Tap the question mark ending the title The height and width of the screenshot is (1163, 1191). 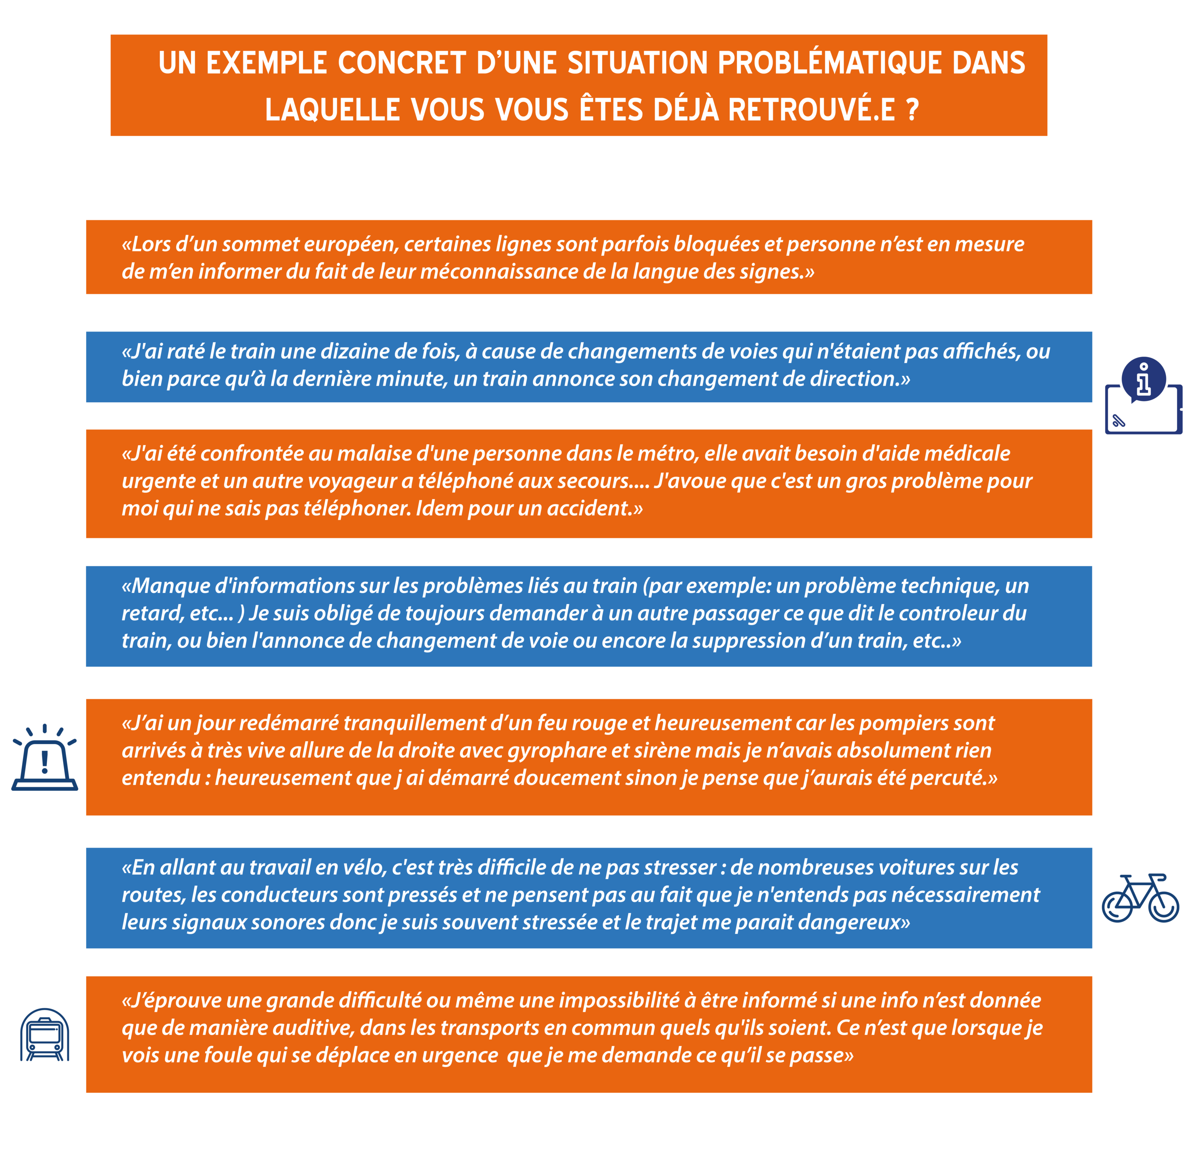912,110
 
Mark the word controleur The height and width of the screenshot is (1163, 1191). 951,613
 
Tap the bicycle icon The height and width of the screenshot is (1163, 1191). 1140,897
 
